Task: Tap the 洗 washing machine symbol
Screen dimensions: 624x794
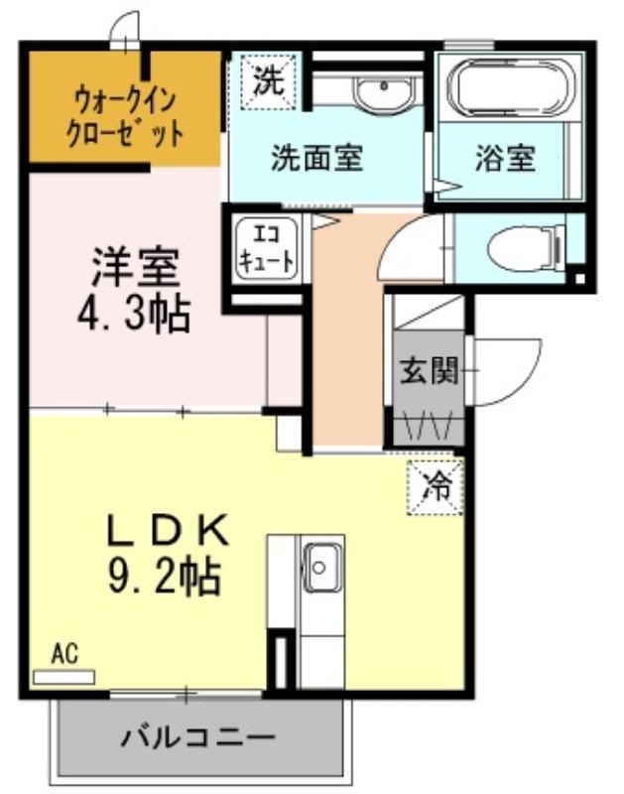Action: [x=268, y=81]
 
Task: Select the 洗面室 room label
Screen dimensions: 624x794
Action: [x=316, y=158]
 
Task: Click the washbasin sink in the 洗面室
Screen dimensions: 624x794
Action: [x=383, y=92]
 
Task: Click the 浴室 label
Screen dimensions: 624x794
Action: [x=505, y=158]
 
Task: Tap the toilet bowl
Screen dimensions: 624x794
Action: [x=527, y=247]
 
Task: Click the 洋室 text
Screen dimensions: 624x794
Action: [x=135, y=267]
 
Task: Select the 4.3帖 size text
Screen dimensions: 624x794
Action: [x=134, y=314]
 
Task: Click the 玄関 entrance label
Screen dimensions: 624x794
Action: [x=429, y=370]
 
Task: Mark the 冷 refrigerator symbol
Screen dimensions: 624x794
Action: [x=436, y=486]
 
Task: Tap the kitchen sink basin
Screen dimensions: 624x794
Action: [x=319, y=568]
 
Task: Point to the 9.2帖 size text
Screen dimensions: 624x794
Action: [x=164, y=577]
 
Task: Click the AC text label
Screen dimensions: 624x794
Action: [x=64, y=654]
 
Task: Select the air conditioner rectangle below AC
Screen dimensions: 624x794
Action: [x=63, y=678]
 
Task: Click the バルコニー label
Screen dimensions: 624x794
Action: [x=197, y=737]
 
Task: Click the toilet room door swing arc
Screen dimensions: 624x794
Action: [x=400, y=238]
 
